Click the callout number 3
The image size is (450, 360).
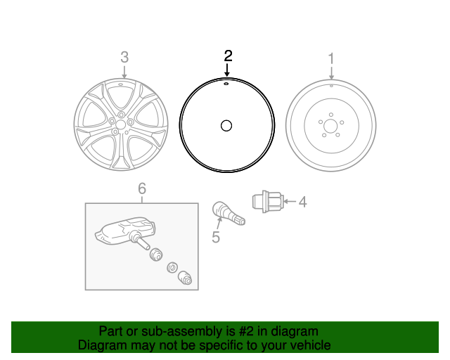124,56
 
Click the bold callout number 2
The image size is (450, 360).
227,55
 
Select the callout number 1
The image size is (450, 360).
331,56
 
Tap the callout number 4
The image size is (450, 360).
302,202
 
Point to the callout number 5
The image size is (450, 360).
216,238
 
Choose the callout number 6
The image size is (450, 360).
141,188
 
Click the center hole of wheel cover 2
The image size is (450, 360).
226,126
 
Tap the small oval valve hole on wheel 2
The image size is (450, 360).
226,82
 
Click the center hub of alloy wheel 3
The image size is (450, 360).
120,124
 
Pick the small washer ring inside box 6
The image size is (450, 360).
171,267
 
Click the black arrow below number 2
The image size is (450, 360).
227,70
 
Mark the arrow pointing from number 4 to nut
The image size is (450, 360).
290,202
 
